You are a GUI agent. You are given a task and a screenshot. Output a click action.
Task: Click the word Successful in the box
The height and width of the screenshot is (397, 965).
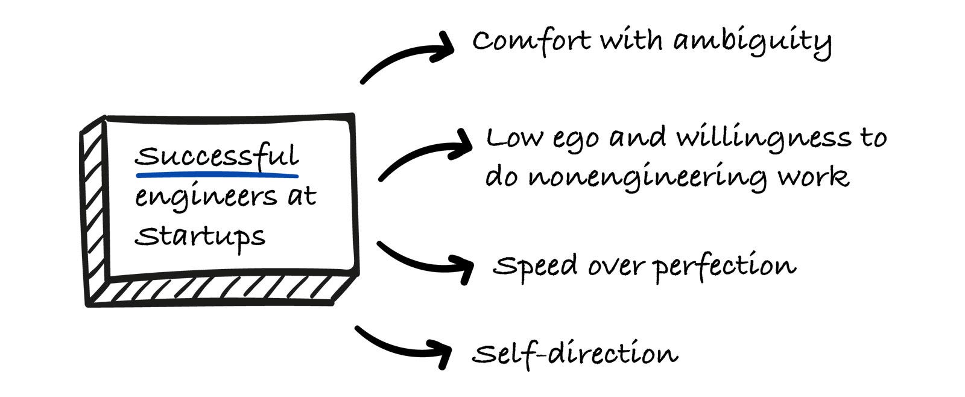point(216,157)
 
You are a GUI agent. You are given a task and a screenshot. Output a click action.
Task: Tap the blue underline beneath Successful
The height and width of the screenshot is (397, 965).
point(217,176)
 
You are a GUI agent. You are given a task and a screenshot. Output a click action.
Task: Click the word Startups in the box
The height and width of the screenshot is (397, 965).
point(200,237)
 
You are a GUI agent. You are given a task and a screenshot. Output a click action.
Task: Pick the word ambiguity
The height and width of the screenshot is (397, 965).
point(752,42)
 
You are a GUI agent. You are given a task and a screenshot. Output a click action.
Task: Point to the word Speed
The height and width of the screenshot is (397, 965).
point(535,266)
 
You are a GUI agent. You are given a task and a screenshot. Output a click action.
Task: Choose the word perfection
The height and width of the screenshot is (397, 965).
point(724,266)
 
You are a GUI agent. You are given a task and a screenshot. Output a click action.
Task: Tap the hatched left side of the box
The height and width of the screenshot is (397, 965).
point(94,211)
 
